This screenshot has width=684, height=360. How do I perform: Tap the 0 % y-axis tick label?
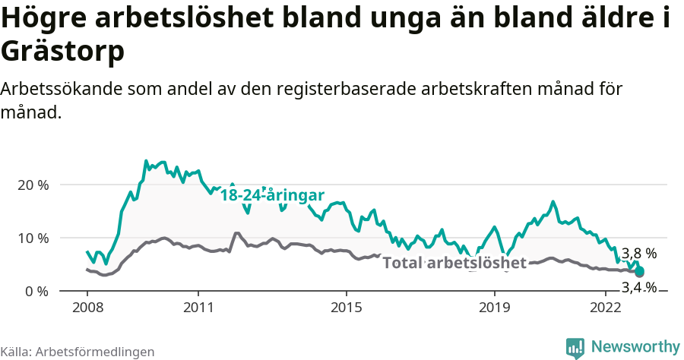click(x=36, y=291)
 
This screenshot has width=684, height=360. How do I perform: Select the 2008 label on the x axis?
click(x=87, y=308)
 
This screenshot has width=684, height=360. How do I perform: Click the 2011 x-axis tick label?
click(x=198, y=308)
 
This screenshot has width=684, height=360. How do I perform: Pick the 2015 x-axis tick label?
click(x=347, y=308)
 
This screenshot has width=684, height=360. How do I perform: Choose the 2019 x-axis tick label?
click(x=495, y=308)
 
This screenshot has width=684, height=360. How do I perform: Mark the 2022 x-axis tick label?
click(x=606, y=308)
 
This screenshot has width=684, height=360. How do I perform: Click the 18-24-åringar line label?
click(x=273, y=195)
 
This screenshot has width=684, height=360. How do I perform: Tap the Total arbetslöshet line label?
click(x=454, y=263)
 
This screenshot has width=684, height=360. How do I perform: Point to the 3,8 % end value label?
click(x=639, y=254)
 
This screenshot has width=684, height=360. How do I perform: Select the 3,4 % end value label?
click(x=639, y=287)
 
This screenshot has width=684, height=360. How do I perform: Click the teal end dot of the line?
click(x=640, y=272)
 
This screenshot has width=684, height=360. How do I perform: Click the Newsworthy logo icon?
click(x=575, y=348)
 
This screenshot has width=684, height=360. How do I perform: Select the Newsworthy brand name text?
click(x=635, y=347)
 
